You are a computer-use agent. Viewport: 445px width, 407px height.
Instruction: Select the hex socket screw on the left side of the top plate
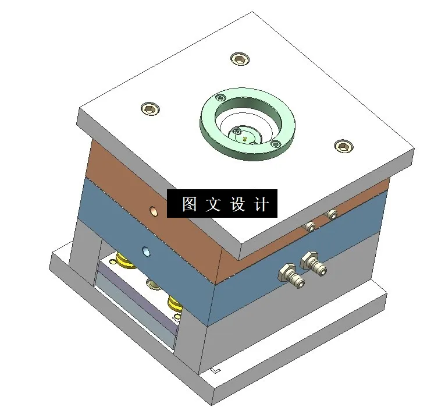[x=151, y=108]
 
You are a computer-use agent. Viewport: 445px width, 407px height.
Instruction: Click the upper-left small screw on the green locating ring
[x=220, y=98]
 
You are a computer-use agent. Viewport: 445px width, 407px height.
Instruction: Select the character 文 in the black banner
[x=213, y=204]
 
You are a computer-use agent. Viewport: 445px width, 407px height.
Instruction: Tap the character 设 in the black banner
[x=238, y=204]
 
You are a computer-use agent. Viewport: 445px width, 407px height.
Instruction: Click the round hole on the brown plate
[x=154, y=211]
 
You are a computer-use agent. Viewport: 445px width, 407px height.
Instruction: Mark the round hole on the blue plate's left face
[x=146, y=252]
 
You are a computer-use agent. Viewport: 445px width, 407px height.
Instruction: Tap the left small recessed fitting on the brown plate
[x=311, y=226]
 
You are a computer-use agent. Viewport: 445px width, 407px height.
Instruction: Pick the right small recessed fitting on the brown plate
[x=332, y=214]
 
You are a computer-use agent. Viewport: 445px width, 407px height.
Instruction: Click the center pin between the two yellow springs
[x=153, y=284]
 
